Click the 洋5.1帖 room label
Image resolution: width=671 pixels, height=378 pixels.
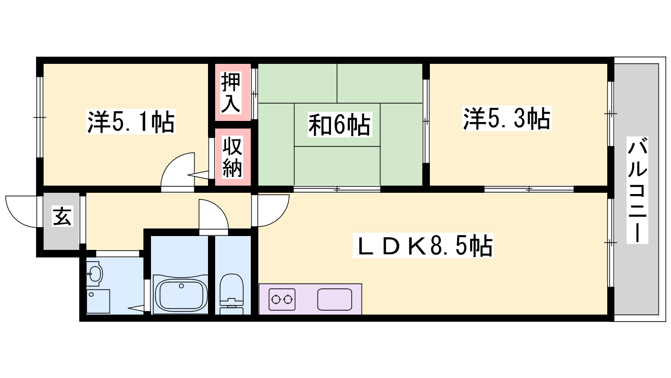click(131, 121)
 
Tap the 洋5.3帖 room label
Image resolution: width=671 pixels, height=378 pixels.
click(507, 118)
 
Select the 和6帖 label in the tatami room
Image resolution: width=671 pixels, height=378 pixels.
click(340, 124)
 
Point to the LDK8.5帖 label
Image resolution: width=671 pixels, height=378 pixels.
click(423, 245)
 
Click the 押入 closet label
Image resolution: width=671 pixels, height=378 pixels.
click(231, 92)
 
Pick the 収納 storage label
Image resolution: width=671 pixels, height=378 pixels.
click(232, 157)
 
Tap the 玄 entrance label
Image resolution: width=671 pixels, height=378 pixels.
click(62, 216)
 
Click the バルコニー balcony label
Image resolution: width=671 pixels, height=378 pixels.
click(637, 190)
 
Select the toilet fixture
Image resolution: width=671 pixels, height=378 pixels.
click(231, 294)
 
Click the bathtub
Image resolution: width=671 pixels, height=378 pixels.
click(180, 294)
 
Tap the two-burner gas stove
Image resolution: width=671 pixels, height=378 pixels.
click(282, 299)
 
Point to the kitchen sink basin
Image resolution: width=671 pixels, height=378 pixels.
click(335, 299)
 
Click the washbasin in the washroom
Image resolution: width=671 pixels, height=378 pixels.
click(95, 273)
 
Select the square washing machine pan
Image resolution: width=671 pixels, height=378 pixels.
click(98, 301)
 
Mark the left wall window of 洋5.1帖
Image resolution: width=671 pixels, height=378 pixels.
click(39, 117)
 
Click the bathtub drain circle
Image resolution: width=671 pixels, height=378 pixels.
click(181, 286)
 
